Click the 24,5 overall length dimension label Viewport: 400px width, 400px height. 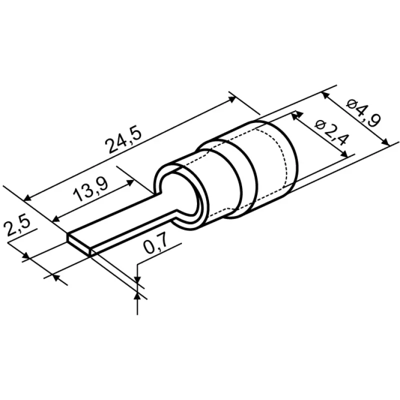pyautogui.click(x=123, y=140)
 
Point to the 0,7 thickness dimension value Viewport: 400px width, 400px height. pyautogui.click(x=156, y=242)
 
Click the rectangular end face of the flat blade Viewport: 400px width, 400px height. pyautogui.click(x=79, y=245)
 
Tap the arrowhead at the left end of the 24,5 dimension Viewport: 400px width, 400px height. pyautogui.click(x=27, y=197)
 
